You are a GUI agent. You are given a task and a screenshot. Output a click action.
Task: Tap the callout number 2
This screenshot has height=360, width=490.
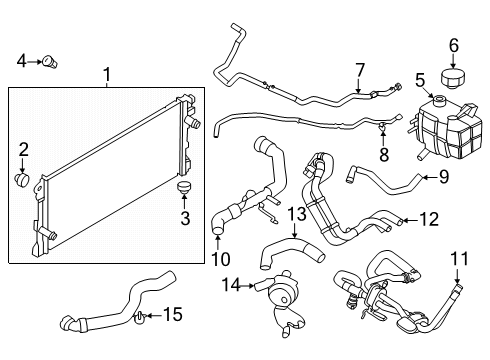[22, 151]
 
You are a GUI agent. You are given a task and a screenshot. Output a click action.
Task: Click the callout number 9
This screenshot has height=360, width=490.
[442, 179]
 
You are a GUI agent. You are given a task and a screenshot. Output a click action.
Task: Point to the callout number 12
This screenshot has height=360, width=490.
[428, 218]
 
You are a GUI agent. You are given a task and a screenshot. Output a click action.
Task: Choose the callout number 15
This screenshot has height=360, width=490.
[173, 316]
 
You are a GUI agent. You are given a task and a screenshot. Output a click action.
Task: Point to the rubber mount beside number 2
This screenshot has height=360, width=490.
[23, 180]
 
